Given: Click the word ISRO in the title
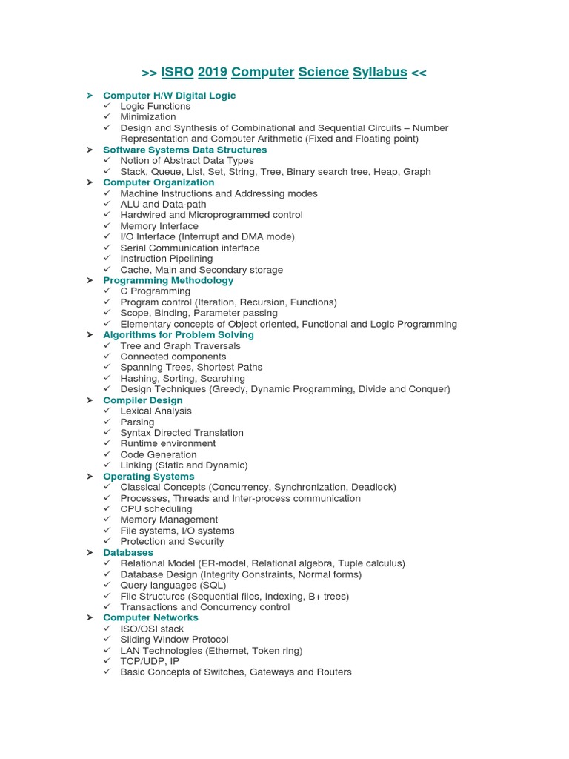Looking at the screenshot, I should tap(177, 72).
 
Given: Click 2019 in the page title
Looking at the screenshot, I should tap(213, 72).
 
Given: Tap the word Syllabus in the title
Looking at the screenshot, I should tap(379, 72).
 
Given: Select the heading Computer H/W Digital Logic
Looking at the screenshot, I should tap(169, 96).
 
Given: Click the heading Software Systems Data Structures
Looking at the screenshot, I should tap(184, 150).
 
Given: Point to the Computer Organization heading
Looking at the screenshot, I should tap(159, 182).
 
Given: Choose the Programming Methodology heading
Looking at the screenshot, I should tap(168, 280).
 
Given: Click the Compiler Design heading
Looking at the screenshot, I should tap(142, 400).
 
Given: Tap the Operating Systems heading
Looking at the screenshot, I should tap(148, 477).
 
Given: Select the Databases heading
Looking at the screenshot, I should tap(128, 552).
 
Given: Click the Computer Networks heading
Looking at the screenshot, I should tap(150, 617).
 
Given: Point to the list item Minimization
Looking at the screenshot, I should tap(148, 117).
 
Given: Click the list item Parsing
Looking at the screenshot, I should tap(137, 422).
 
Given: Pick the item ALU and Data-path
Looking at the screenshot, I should tap(163, 204).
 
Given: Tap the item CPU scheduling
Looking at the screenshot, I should tap(156, 509).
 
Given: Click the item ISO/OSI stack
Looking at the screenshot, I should tap(152, 629).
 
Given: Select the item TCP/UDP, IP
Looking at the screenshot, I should tap(150, 661).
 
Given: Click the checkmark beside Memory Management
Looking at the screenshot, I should tap(107, 520).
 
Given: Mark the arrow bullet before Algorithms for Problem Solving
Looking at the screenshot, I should tap(90, 335).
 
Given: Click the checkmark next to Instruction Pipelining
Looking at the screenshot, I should tap(107, 259).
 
